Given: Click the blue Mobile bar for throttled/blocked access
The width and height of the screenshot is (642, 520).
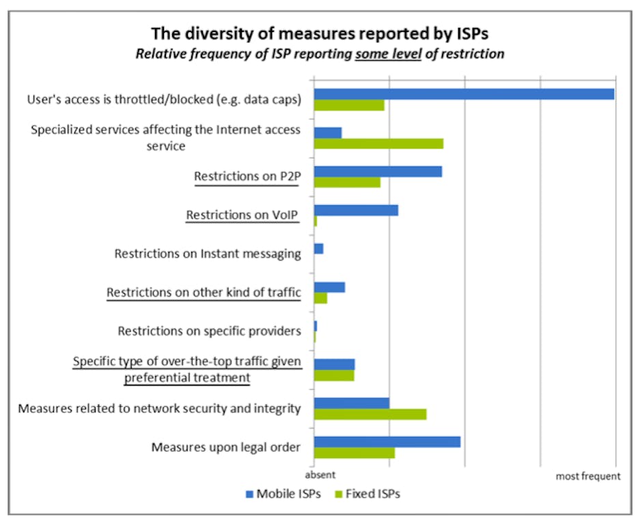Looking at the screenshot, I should click(x=464, y=94).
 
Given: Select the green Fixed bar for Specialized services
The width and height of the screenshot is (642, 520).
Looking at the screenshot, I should click(x=378, y=143).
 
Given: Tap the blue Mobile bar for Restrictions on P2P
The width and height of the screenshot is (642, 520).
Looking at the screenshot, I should click(x=378, y=171).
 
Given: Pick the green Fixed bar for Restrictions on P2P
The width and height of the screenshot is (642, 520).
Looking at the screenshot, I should click(x=347, y=182).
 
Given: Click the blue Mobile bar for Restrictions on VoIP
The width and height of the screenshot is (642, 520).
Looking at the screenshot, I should click(x=356, y=210).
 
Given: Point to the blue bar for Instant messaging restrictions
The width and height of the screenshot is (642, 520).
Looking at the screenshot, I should click(x=318, y=248).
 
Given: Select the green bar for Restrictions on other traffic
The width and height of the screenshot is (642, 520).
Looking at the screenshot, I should click(x=320, y=298).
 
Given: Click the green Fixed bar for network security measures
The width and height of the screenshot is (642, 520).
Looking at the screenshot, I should click(x=370, y=414).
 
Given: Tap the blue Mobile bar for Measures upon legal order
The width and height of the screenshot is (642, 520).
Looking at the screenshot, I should click(x=387, y=442).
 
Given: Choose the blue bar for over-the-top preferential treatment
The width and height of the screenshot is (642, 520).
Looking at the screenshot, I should click(x=335, y=364).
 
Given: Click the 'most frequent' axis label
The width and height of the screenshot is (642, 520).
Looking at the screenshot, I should click(x=588, y=476).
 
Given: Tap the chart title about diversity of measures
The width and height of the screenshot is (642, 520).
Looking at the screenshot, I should click(x=320, y=33).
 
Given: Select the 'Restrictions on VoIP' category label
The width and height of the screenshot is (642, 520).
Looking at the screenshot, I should click(x=243, y=215).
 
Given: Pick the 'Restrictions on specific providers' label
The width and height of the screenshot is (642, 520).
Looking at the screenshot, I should click(x=209, y=331).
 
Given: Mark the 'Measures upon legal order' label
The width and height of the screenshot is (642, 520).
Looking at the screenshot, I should click(x=225, y=448).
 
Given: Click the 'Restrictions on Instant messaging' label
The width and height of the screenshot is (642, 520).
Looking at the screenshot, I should click(x=208, y=254).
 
